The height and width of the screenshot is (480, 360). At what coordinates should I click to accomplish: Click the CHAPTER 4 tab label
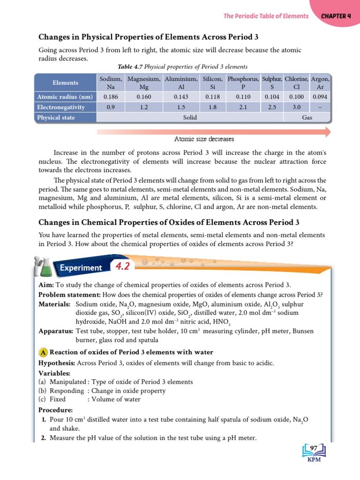(x=336, y=16)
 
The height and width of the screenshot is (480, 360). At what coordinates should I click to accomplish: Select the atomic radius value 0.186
(x=111, y=97)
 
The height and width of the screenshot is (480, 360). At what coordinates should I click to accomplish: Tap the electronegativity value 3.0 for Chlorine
(x=296, y=107)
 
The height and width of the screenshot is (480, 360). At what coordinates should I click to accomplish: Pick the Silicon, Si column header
(x=212, y=83)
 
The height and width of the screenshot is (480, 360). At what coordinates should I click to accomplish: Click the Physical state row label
(x=56, y=118)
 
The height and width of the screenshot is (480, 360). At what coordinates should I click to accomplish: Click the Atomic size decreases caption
(x=204, y=139)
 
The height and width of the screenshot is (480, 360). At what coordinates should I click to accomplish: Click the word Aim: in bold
(x=46, y=285)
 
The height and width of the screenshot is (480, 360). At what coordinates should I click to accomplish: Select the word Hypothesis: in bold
(x=56, y=363)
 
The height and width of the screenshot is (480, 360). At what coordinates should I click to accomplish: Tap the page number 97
(x=314, y=449)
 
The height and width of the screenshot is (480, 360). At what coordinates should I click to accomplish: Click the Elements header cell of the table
(x=65, y=83)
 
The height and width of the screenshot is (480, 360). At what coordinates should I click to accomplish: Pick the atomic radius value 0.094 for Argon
(x=320, y=97)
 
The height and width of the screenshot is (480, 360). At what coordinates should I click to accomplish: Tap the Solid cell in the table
(x=189, y=118)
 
